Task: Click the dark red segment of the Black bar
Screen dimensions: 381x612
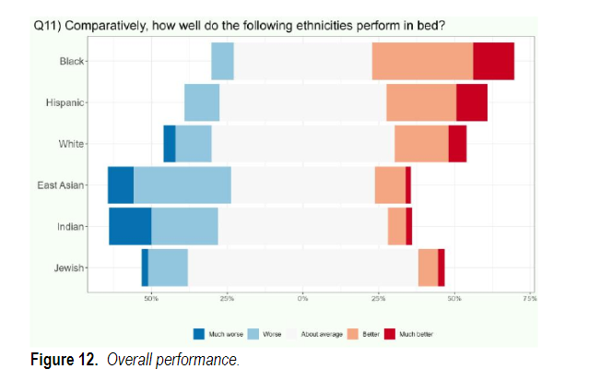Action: click(493, 61)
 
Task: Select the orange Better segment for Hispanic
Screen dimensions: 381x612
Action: click(420, 102)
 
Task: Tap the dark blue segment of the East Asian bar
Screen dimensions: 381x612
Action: click(120, 185)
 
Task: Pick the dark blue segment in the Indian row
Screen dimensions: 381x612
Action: click(130, 226)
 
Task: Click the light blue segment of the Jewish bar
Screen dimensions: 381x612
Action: click(168, 268)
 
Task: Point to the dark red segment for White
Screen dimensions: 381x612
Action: click(457, 143)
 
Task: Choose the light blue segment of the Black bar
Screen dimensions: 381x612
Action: click(222, 61)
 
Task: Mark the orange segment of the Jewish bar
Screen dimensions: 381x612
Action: click(428, 268)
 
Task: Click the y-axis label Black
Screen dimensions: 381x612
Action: click(71, 61)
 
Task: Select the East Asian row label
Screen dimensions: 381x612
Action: click(61, 185)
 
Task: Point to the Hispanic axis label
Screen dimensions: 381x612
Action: click(65, 102)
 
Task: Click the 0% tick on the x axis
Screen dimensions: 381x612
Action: click(302, 299)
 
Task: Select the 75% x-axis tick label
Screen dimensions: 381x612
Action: click(529, 299)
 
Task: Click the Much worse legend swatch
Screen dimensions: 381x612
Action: click(199, 333)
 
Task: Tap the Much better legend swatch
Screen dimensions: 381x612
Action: click(391, 333)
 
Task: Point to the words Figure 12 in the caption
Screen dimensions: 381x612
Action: click(67, 359)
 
